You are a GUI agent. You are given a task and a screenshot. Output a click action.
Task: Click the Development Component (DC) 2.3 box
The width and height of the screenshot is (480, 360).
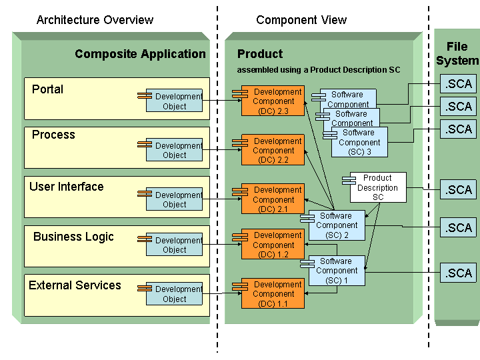click(273, 101)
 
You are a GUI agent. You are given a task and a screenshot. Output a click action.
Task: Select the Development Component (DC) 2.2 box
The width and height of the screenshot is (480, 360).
click(273, 151)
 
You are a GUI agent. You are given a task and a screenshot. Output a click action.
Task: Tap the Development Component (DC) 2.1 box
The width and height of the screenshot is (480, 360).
click(273, 199)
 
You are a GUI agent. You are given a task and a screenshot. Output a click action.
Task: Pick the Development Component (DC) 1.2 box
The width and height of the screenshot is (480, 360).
click(273, 245)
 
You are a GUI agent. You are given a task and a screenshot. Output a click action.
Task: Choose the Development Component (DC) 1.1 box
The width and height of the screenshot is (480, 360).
click(273, 294)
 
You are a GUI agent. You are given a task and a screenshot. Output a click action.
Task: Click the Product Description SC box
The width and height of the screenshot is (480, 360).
click(378, 187)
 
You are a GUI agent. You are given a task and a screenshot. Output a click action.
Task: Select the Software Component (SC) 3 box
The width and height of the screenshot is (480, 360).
click(360, 142)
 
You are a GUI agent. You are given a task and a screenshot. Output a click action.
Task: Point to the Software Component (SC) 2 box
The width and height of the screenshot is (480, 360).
click(337, 225)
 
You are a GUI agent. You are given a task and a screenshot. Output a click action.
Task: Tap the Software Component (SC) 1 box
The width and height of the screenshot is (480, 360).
click(337, 271)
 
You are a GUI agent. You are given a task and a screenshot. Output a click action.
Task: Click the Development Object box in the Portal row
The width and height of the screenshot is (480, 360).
click(174, 101)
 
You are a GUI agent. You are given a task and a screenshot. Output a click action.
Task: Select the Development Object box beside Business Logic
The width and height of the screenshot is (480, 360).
click(174, 245)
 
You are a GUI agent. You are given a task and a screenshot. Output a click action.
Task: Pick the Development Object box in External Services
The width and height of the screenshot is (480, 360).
click(174, 294)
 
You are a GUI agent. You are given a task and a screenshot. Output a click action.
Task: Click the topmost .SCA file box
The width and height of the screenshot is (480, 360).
click(459, 84)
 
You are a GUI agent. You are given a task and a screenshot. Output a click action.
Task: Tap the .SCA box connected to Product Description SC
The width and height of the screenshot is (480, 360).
click(459, 190)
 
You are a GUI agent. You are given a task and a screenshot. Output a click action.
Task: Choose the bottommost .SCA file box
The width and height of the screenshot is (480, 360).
click(459, 273)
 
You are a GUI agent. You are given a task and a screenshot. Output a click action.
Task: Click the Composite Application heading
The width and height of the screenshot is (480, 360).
click(140, 54)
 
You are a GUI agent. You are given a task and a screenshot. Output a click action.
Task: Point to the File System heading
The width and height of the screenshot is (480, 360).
click(457, 54)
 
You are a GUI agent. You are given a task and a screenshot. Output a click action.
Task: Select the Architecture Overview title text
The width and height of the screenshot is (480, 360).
click(95, 20)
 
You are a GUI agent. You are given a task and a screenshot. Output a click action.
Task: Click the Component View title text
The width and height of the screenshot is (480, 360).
click(301, 20)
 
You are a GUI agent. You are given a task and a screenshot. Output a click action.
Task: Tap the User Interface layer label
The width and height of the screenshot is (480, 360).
click(67, 187)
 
